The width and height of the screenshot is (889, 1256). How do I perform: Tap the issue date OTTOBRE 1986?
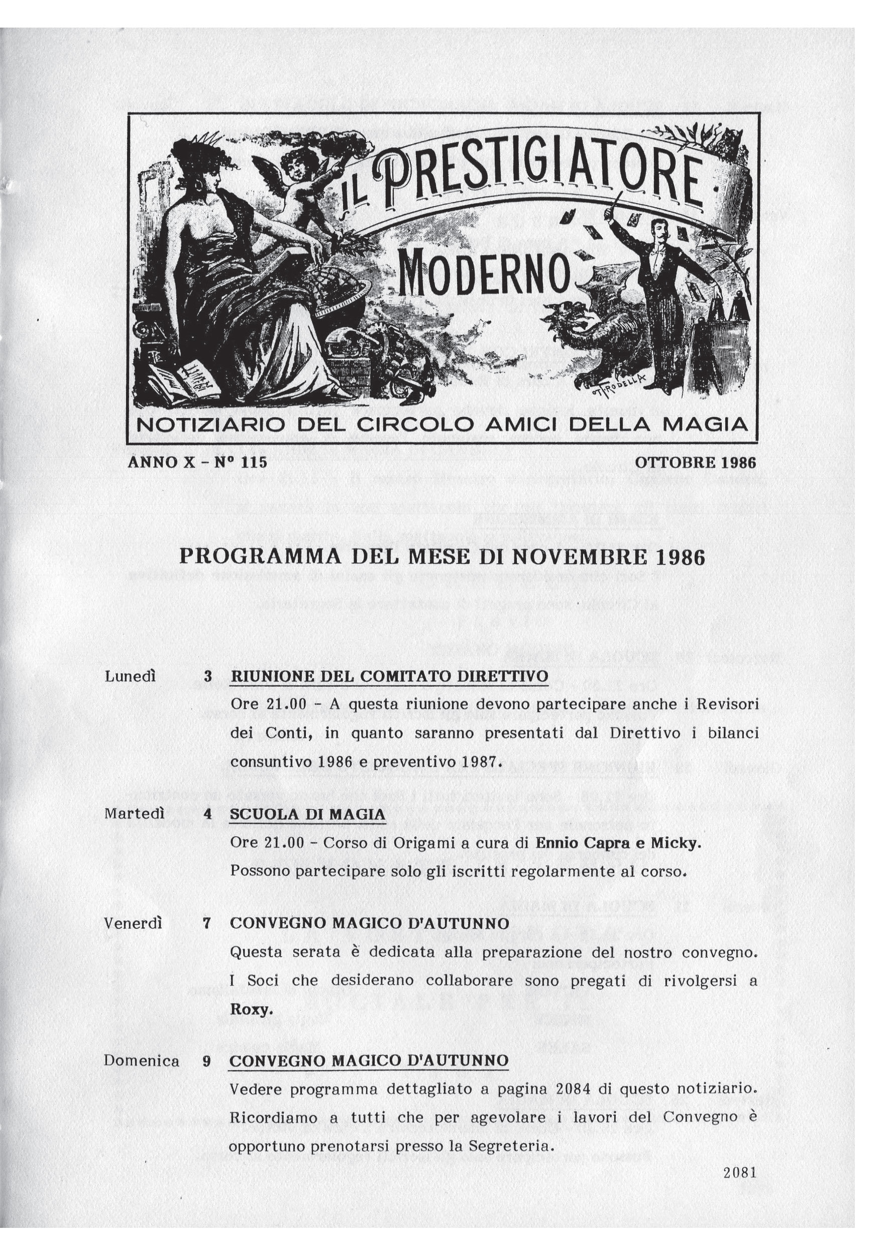pos(695,463)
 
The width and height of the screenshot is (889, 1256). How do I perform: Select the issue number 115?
pos(254,463)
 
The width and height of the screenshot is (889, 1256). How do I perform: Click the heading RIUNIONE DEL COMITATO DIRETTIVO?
pos(389,675)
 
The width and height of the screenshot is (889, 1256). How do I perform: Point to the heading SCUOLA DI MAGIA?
pos(308,814)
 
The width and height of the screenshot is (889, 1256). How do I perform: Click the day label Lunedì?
pos(130,676)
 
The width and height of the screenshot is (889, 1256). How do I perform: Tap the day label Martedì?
pos(135,813)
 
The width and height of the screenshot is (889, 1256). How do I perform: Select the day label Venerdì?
pos(134,923)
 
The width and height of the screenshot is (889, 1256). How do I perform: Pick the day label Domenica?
pos(142,1061)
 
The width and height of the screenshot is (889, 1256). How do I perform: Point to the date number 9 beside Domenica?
pos(207,1061)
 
